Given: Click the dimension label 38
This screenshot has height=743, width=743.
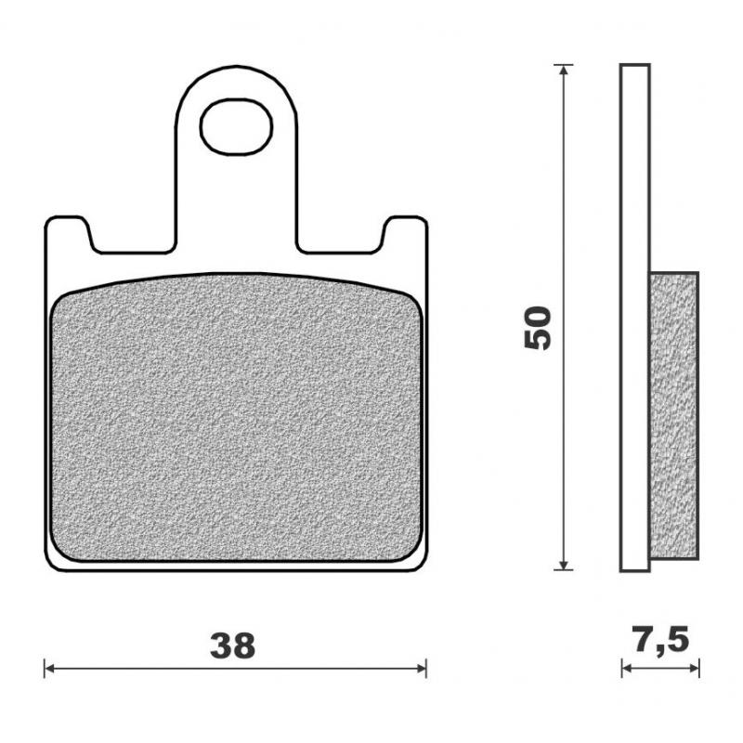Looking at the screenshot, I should (x=231, y=645).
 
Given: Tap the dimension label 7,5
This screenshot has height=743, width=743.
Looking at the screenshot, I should (x=659, y=641).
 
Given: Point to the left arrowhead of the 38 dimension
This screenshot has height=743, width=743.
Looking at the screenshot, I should (x=50, y=668).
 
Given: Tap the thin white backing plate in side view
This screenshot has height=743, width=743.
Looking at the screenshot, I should (x=635, y=186).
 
